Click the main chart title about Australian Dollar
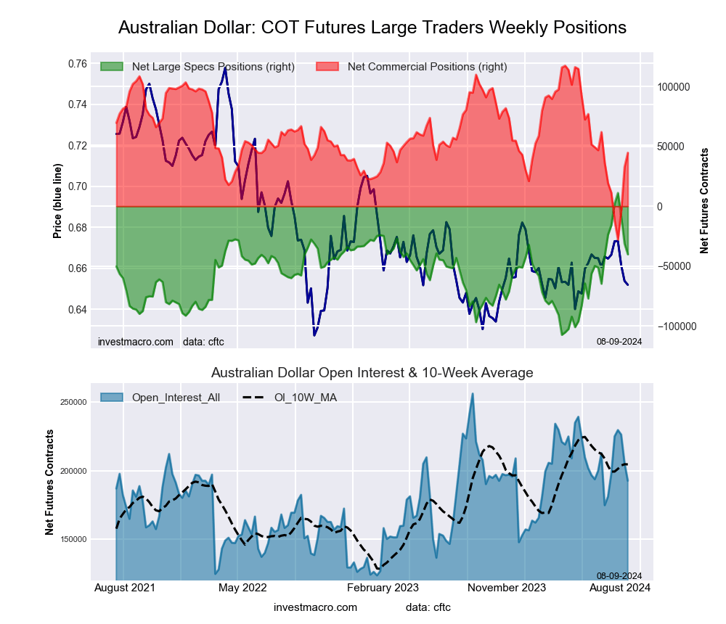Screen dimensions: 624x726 tap(372, 28)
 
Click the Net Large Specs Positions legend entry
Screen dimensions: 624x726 tap(209, 67)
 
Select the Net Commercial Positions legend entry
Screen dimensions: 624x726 tap(427, 67)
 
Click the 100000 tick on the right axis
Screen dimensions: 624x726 tap(672, 87)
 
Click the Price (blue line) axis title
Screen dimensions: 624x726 tap(57, 201)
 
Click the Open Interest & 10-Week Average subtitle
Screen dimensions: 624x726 tap(372, 373)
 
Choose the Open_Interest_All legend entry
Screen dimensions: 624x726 tap(175, 397)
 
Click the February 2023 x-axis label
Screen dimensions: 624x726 tap(380, 588)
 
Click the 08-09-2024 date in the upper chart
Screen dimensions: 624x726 tap(619, 341)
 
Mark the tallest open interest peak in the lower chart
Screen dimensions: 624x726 tap(473, 394)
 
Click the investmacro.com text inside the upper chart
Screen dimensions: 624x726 tap(136, 342)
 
